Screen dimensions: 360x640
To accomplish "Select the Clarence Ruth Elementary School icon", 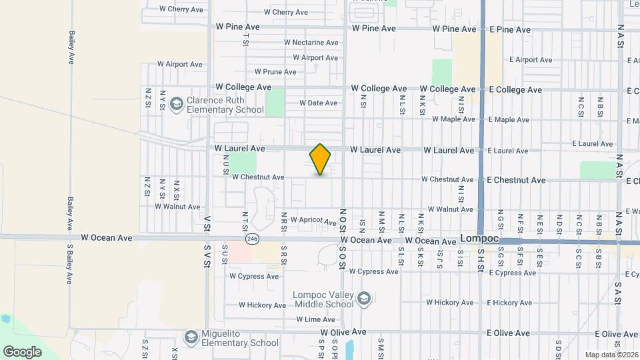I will click(x=177, y=103).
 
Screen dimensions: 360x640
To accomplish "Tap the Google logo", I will click(x=22, y=351).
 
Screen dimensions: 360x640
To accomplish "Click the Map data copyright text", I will click(x=611, y=355).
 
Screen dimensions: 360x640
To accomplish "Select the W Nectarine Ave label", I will click(x=311, y=43).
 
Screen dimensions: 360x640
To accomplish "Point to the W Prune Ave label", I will click(x=275, y=72).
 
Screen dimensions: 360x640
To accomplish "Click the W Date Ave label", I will click(x=318, y=103).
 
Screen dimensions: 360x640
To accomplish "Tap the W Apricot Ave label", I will click(x=313, y=220).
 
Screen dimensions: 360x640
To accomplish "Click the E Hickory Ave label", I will click(x=509, y=303).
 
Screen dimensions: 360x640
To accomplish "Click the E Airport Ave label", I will click(x=530, y=60).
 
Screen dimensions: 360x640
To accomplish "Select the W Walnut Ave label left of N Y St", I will click(x=177, y=207).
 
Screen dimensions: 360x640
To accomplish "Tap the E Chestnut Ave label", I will click(x=516, y=181).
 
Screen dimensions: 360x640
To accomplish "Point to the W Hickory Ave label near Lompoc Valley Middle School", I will click(x=263, y=305).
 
